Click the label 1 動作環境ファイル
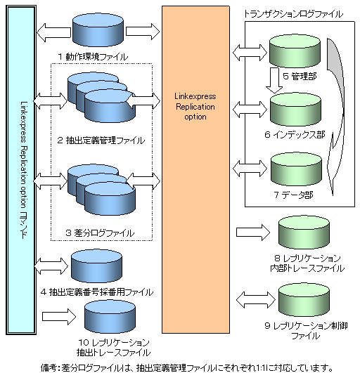[x=93, y=57]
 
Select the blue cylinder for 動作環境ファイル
[x=98, y=30]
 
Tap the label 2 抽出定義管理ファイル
[x=101, y=140]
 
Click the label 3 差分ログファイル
[x=100, y=233]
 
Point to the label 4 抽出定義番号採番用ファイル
[x=96, y=292]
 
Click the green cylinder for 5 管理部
[x=295, y=51]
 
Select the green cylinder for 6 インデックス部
[x=295, y=110]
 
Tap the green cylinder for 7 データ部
[x=296, y=169]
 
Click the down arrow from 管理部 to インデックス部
[x=274, y=80]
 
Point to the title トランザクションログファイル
[x=294, y=14]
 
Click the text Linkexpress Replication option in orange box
[x=195, y=106]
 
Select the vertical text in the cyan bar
[x=25, y=170]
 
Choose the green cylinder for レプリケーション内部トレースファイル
[x=304, y=233]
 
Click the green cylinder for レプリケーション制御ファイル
[x=304, y=300]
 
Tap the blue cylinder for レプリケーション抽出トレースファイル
[x=110, y=317]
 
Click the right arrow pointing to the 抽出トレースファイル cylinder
[x=59, y=317]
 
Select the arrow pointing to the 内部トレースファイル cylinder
[x=253, y=233]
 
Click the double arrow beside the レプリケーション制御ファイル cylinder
[x=256, y=300]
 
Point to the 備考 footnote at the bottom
[x=186, y=368]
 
